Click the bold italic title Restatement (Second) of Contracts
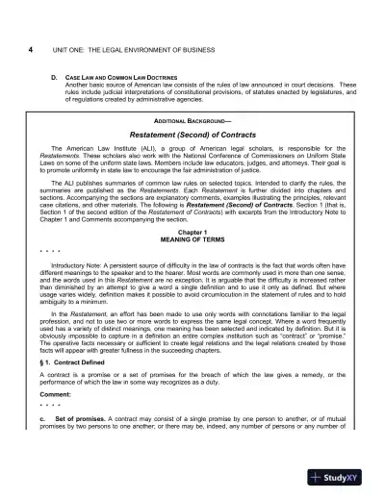tap(193, 136)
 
